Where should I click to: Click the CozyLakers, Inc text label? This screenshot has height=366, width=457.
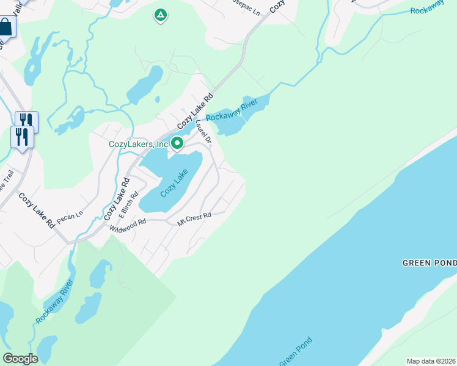138,145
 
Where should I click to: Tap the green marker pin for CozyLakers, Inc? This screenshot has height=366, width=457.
178,143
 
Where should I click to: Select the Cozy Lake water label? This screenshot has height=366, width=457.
173,183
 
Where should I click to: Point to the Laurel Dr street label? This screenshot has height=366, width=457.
203,131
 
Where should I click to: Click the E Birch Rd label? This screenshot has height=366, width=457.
130,209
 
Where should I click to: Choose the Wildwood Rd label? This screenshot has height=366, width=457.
128,226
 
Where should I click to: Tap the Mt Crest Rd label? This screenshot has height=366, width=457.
194,219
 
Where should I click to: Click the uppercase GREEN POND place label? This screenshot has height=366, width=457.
429,263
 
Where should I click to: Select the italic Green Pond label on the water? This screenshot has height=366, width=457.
296,351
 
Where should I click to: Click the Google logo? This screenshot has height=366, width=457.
20,359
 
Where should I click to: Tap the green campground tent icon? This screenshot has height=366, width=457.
160,15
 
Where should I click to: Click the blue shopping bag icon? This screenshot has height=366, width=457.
6,27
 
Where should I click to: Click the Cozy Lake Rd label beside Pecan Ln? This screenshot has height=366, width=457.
37,210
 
